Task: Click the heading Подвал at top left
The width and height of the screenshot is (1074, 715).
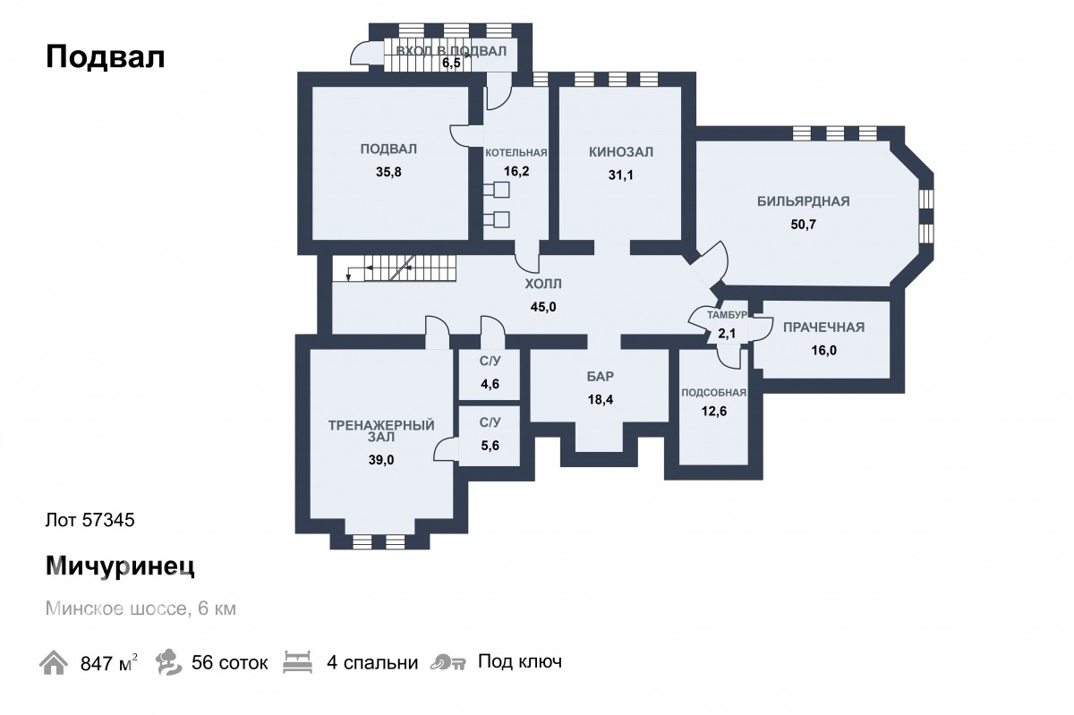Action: (x=105, y=56)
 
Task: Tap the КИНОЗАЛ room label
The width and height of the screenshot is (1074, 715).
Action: (x=621, y=152)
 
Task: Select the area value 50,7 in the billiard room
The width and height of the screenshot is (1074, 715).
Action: (x=803, y=225)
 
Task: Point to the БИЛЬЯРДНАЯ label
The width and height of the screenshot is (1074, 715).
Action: (x=803, y=201)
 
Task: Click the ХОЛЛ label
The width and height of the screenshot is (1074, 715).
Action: (x=543, y=284)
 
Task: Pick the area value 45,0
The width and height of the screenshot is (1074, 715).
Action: (x=543, y=307)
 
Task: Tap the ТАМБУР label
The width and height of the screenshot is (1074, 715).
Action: (x=727, y=315)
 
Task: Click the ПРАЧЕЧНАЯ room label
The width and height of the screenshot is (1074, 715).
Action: (x=823, y=328)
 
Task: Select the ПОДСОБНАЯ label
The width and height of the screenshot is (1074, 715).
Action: (x=714, y=393)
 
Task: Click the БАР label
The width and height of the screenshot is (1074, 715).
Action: (x=601, y=377)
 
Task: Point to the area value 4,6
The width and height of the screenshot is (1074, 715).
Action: (x=490, y=384)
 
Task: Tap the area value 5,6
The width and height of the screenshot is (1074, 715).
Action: (x=490, y=446)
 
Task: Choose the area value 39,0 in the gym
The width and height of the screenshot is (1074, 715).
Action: (x=381, y=460)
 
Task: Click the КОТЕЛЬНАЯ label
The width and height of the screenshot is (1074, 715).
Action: (x=516, y=153)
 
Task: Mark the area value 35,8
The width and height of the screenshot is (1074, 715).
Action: (x=388, y=172)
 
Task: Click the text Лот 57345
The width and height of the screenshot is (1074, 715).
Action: (x=90, y=520)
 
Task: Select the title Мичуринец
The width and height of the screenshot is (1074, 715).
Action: (x=120, y=566)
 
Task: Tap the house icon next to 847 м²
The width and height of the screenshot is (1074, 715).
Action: (x=53, y=662)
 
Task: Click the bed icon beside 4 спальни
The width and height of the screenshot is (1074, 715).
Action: (x=298, y=662)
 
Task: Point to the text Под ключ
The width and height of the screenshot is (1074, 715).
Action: (x=520, y=661)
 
